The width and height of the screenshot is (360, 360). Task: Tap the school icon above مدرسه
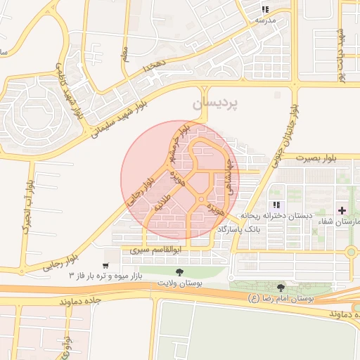[x=265, y=9]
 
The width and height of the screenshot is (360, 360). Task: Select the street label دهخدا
[x=153, y=67]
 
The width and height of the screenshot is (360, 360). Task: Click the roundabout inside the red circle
[x=201, y=202]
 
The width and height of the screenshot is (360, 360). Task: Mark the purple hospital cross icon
[x=342, y=210]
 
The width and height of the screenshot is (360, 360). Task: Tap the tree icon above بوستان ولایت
[x=179, y=271]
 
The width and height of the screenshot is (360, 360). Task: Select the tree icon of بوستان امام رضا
[x=282, y=287]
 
